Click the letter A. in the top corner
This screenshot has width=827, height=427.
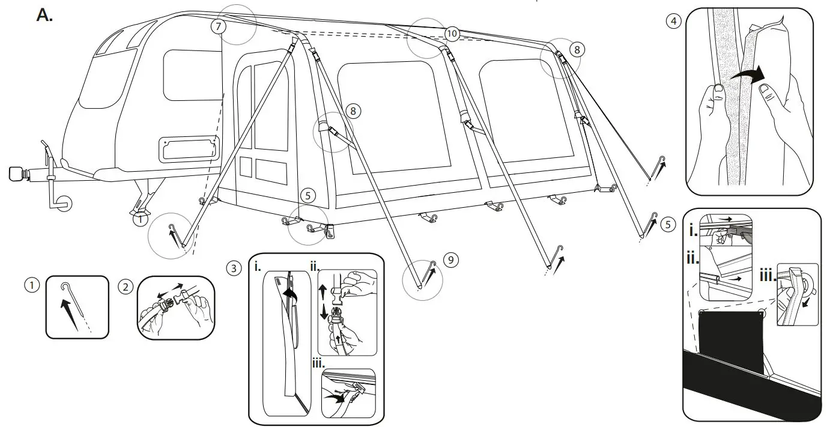45,16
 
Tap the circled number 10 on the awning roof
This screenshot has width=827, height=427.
452,34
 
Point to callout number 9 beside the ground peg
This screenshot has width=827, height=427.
450,259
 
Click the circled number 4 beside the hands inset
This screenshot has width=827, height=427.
674,21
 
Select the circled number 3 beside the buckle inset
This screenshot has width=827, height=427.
234,268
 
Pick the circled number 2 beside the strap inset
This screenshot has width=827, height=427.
125,286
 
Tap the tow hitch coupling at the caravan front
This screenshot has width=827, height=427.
18,175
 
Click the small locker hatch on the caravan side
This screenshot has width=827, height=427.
187,149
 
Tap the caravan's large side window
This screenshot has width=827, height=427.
192,75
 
